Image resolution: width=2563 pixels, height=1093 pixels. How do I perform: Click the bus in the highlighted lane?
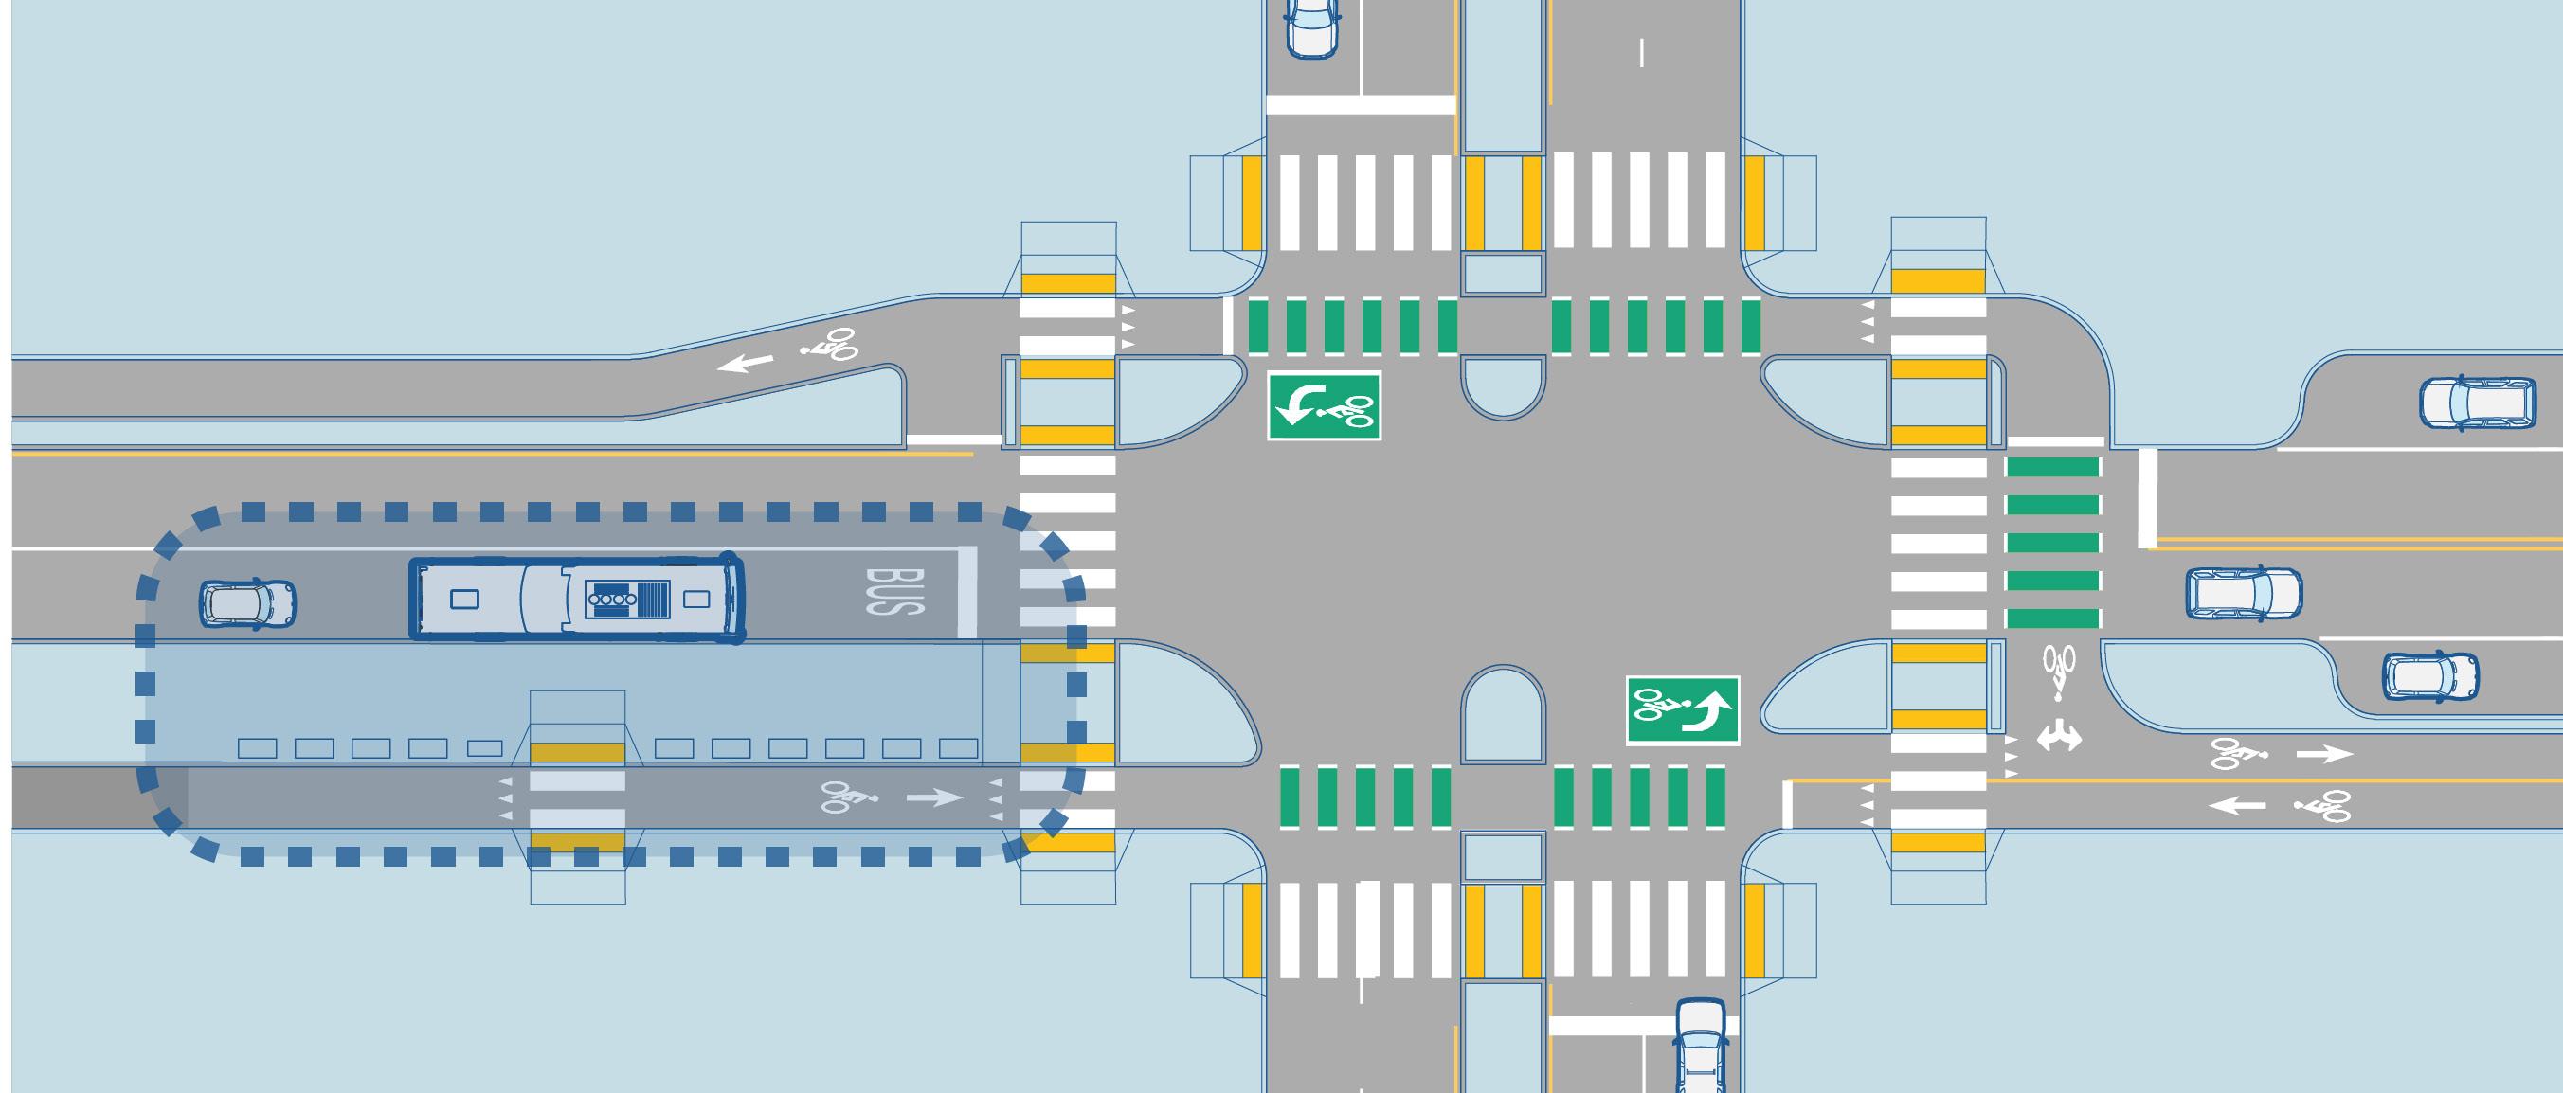coord(577,598)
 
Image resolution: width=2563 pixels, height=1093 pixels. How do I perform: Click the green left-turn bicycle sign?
coord(1324,404)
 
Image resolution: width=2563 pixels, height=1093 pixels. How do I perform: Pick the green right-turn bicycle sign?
coord(1683,710)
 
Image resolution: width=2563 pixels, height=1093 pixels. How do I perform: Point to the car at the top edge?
coord(1312,27)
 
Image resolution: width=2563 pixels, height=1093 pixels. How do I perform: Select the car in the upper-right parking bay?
coord(2477,403)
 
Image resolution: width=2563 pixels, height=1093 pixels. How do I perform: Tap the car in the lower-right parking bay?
coord(2429,676)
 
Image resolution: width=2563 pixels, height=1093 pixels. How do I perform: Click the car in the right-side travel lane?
coord(2243,595)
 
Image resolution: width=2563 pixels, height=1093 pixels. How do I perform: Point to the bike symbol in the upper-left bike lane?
coord(829,345)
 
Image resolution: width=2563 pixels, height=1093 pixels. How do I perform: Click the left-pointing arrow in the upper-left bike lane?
coord(746,362)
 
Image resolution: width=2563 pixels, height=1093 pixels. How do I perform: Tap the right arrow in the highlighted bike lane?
coord(934,797)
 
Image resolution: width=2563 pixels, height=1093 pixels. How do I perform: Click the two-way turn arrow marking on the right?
coord(2059,737)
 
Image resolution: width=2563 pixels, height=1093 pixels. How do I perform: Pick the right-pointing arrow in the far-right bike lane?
coord(2324,754)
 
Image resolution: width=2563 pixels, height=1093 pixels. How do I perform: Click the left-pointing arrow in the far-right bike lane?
coord(2237,803)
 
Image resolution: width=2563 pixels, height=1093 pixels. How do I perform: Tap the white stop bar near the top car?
coord(1360,103)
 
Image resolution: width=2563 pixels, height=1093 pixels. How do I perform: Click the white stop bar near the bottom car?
coord(1642,1025)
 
